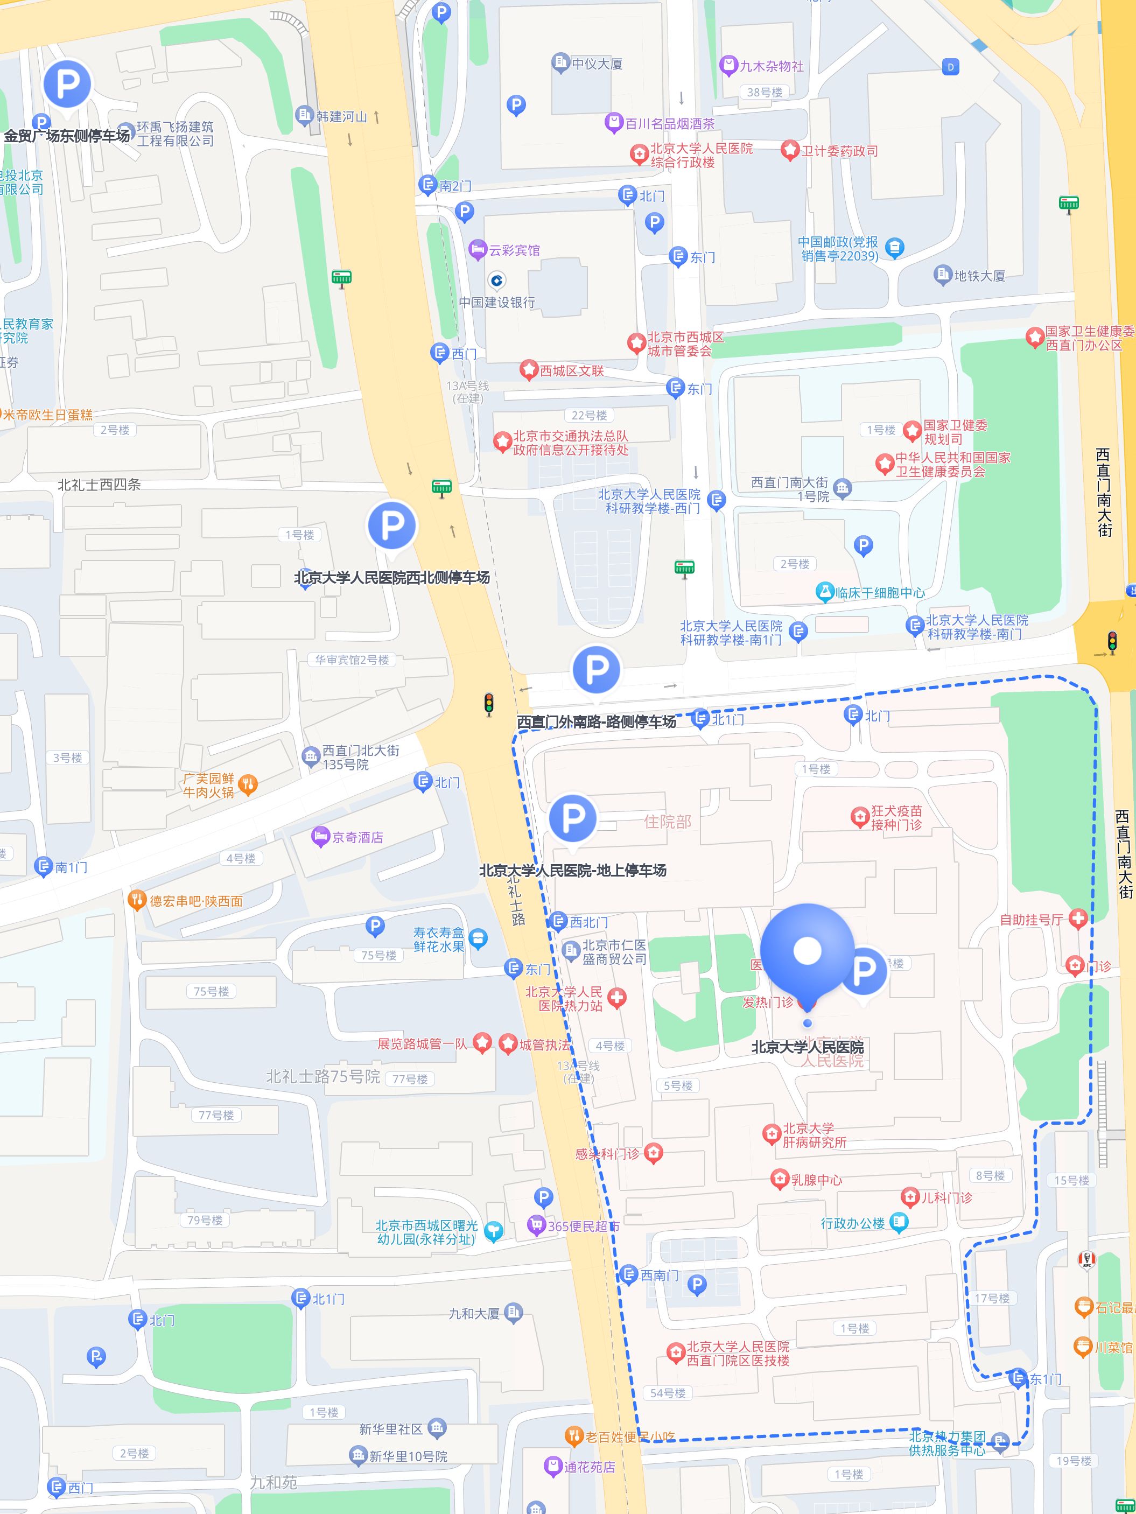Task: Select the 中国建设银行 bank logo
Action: (497, 280)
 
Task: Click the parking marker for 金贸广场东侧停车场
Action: (67, 83)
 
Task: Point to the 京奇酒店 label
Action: (357, 837)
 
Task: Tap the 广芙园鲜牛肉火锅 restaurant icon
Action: (248, 784)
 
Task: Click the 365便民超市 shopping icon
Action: (535, 1225)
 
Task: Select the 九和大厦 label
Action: (474, 1314)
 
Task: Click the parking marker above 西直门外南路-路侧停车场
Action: (596, 669)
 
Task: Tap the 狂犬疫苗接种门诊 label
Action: (896, 818)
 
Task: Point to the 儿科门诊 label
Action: (946, 1198)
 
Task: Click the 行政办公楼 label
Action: (853, 1223)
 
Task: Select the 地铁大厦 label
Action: (979, 276)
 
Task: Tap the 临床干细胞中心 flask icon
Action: (825, 593)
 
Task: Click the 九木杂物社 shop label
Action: (772, 66)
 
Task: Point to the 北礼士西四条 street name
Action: (99, 485)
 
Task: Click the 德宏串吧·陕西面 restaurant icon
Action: (137, 900)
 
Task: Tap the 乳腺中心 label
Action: (816, 1180)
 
